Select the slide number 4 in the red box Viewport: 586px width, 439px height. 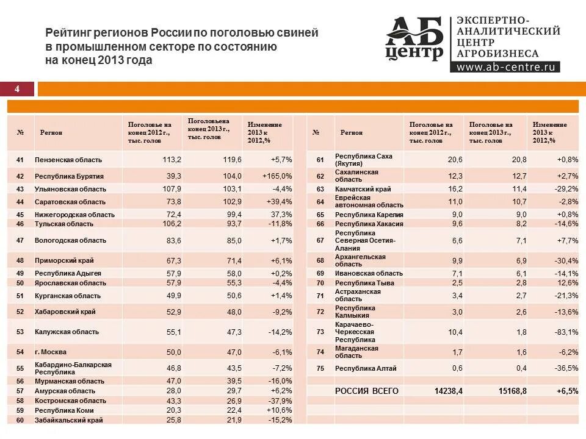[17, 90]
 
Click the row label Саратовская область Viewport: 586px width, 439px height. [70, 202]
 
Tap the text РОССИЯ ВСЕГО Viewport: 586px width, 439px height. [367, 391]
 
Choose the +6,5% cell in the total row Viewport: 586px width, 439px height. [566, 391]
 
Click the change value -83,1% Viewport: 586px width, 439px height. [566, 332]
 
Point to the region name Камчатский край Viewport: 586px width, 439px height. [363, 189]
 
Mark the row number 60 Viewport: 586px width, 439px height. [20, 420]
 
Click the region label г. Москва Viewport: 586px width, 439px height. [51, 352]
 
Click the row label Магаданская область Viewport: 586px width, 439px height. [356, 352]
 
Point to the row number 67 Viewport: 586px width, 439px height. [319, 240]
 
